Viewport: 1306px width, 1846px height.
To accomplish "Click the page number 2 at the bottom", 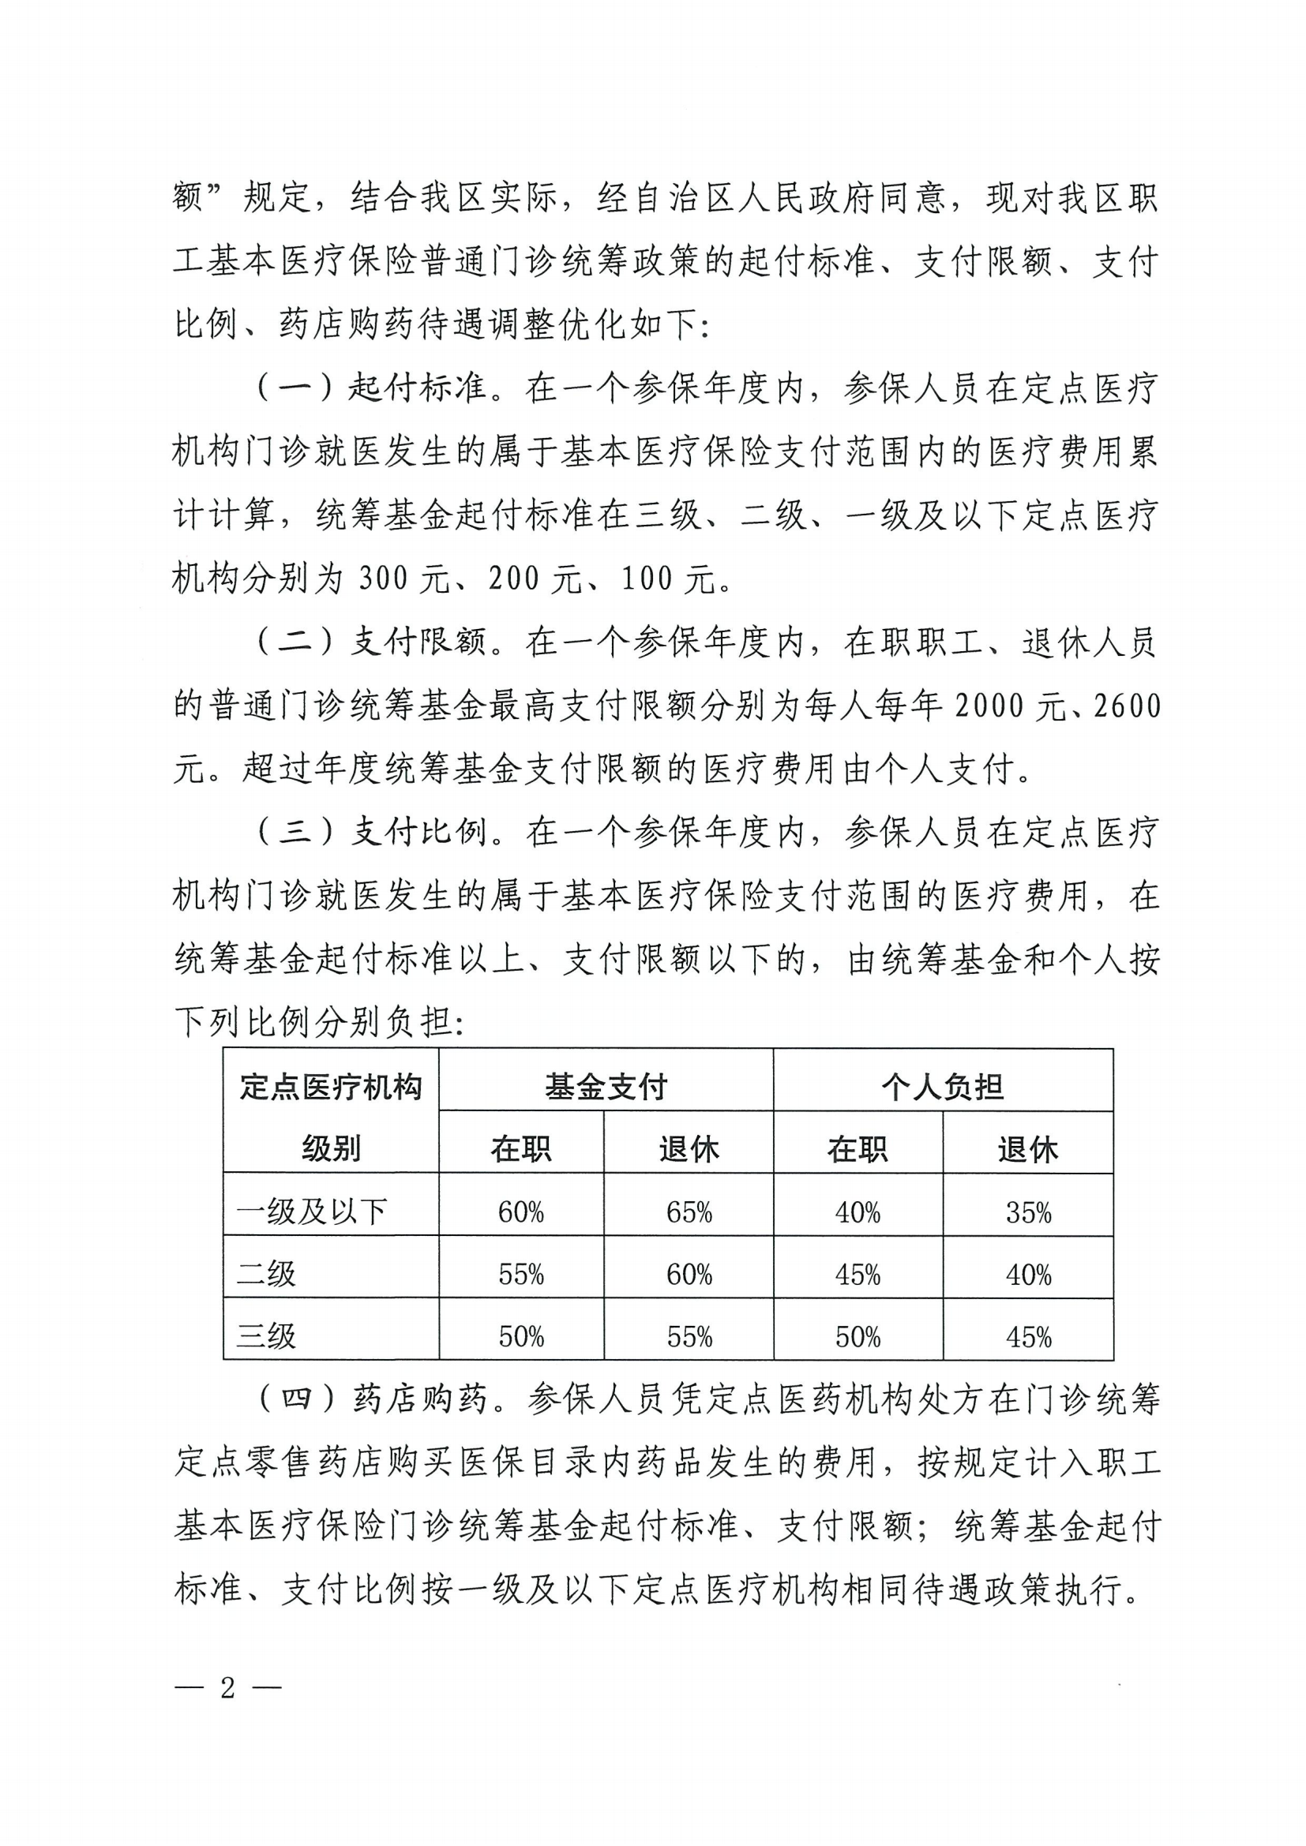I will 227,1687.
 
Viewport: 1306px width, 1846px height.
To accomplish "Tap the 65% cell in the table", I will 689,1211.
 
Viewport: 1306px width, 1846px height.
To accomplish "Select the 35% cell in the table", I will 1029,1212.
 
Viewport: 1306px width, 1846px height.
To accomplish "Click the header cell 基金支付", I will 606,1087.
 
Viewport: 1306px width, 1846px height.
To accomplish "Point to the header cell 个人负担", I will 943,1087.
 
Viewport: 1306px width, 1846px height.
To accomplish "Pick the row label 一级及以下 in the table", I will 312,1211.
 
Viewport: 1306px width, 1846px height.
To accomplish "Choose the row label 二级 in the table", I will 266,1274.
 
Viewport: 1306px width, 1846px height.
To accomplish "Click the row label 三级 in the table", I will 266,1336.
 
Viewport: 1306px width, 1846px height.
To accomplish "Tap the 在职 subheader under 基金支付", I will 521,1149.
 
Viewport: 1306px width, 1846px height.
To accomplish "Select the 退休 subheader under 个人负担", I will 1028,1149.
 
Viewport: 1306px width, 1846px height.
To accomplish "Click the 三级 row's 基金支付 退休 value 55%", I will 689,1336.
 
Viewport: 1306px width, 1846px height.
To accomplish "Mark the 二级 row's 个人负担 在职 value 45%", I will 858,1275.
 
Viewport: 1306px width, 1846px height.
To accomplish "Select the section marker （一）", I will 295,388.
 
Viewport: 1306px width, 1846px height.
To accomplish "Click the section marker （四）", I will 295,1400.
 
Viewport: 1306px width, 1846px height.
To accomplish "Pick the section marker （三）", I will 295,832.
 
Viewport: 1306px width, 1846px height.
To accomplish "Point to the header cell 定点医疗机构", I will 331,1087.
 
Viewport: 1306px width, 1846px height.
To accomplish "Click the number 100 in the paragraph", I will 646,579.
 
